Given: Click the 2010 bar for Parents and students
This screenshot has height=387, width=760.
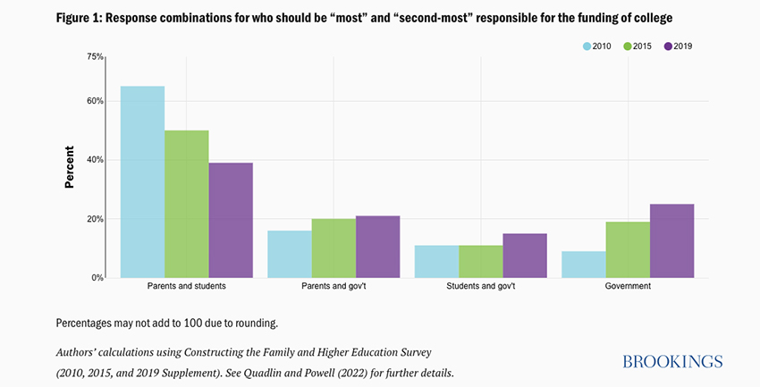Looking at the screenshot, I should click(142, 182).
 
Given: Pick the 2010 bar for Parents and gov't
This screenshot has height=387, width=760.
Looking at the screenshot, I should click(290, 254).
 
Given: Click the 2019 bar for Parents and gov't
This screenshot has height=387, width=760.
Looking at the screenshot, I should click(377, 247).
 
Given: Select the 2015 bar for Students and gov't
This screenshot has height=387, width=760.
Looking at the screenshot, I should click(480, 261).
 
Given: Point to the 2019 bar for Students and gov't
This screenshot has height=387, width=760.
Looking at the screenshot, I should click(525, 256).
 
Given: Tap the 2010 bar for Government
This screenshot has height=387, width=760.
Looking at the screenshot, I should click(583, 265).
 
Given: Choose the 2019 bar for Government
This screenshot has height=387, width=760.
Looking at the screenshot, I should click(671, 240).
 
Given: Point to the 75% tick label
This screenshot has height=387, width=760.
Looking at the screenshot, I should click(94, 56).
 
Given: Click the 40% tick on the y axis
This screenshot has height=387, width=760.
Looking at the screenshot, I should click(94, 160).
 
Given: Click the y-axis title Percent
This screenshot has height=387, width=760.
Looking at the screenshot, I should click(69, 167).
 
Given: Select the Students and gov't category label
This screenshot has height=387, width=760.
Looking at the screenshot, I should click(480, 287).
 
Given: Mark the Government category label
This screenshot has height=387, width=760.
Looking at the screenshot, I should click(627, 287).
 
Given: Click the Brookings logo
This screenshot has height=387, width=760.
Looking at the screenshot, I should click(672, 361).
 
